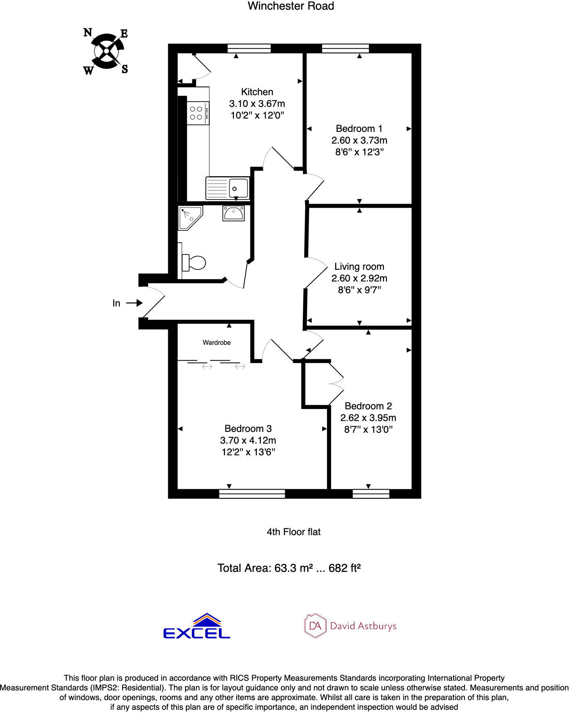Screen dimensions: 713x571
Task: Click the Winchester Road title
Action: point(291,6)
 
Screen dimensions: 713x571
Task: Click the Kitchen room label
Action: point(257,92)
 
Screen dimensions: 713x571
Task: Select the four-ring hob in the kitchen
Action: point(198,113)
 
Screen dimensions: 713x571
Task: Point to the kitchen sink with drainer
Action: point(227,188)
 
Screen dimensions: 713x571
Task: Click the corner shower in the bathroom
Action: point(189,218)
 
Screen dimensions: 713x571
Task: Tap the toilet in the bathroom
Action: point(194,263)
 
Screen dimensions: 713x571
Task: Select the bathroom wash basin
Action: point(233,213)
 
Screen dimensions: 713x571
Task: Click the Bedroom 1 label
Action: point(359,129)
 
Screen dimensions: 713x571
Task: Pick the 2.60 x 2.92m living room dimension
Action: point(359,278)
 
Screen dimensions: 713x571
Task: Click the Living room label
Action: point(359,267)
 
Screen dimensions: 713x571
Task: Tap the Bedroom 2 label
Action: point(368,406)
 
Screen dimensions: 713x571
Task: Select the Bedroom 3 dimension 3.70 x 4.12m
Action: point(248,440)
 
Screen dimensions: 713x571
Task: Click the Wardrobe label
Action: point(217,343)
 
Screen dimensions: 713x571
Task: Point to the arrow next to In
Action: point(134,303)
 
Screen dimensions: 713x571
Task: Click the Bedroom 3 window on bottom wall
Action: point(252,494)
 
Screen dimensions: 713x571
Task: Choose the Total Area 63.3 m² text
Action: point(289,568)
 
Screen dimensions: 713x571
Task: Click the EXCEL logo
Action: point(196,627)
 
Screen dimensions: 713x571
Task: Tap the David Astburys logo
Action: point(350,626)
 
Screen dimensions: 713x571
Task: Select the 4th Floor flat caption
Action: point(294,532)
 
